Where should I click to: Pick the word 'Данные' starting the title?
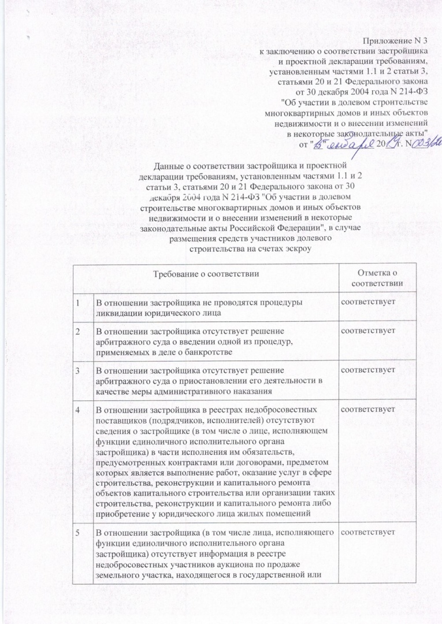tap(166, 165)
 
